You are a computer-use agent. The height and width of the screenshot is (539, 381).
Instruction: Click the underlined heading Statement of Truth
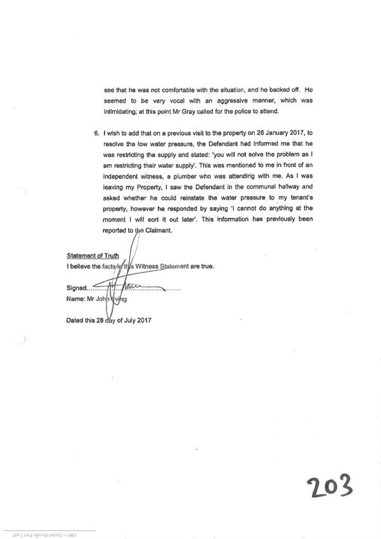[93, 256]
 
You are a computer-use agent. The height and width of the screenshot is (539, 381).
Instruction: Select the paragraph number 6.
[97, 135]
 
